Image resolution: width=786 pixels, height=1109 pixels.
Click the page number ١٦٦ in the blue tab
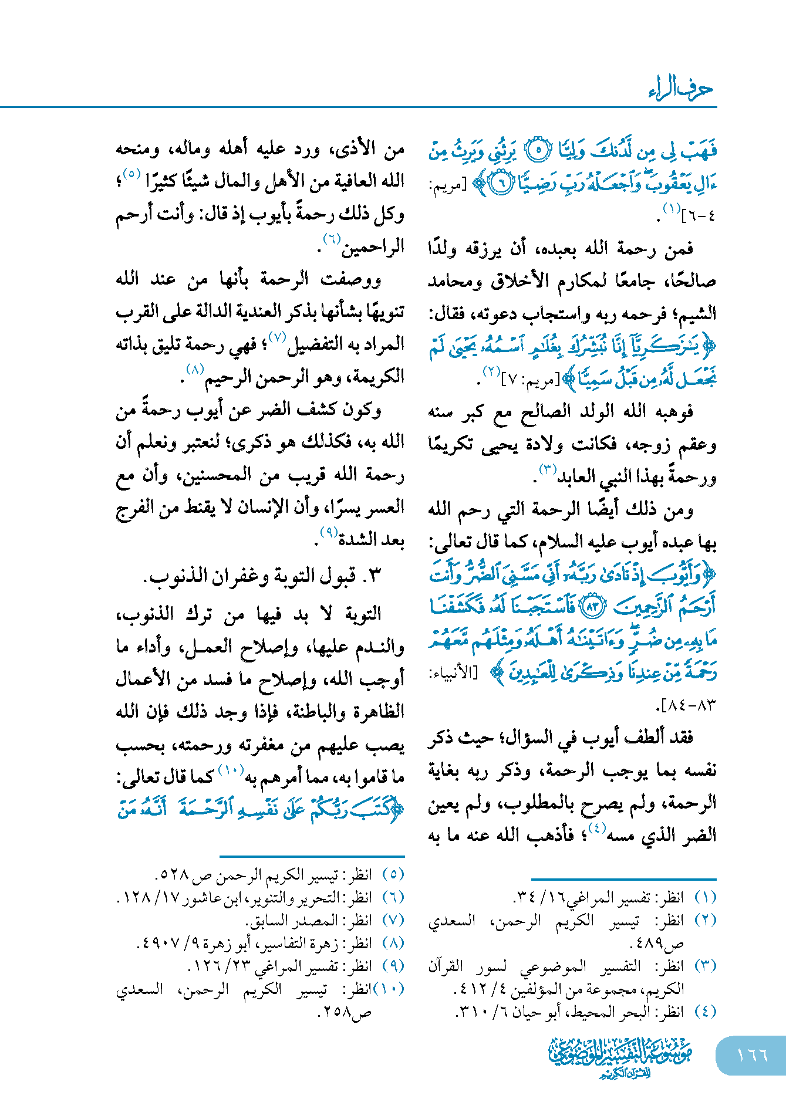tap(752, 1055)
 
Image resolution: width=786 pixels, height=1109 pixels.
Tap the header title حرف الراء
tap(680, 90)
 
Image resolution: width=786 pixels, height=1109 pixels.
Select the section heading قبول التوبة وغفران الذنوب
tap(262, 576)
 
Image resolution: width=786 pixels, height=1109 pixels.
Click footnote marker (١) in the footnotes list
tap(705, 897)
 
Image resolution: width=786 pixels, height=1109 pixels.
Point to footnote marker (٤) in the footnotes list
tap(705, 1011)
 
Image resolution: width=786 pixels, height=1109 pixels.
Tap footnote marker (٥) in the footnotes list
tap(393, 874)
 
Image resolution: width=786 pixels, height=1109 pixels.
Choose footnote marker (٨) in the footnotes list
tap(393, 942)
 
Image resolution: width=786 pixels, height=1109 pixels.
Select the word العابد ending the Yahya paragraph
tap(578, 477)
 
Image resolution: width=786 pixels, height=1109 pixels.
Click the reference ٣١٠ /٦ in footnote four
tap(481, 1012)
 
